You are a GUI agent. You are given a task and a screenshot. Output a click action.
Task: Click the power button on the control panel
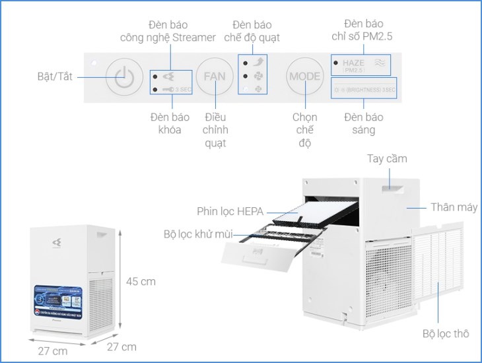click(x=120, y=77)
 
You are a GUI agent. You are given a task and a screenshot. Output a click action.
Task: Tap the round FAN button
click(x=214, y=77)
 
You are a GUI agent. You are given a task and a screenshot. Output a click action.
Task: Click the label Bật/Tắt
click(x=55, y=77)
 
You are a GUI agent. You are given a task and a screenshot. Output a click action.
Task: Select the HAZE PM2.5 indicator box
click(x=361, y=64)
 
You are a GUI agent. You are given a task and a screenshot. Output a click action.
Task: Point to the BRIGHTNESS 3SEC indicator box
click(x=364, y=89)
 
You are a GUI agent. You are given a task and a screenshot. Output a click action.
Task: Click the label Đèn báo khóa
click(x=170, y=123)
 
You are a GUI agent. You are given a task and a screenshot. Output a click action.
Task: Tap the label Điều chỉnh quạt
click(x=215, y=130)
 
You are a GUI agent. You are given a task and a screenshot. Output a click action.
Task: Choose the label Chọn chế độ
click(x=304, y=130)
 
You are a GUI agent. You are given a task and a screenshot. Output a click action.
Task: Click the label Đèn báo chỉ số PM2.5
click(x=362, y=30)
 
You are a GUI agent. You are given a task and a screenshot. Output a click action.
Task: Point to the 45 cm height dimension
click(x=141, y=281)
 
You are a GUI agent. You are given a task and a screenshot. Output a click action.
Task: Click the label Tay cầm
click(x=387, y=159)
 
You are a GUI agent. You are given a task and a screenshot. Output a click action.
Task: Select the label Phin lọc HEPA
click(x=230, y=211)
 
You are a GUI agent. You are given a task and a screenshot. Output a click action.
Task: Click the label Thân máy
click(x=454, y=207)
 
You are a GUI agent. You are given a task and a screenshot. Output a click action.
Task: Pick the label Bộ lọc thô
click(x=446, y=333)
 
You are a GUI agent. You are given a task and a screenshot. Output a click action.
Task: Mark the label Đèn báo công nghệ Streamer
click(x=168, y=30)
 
